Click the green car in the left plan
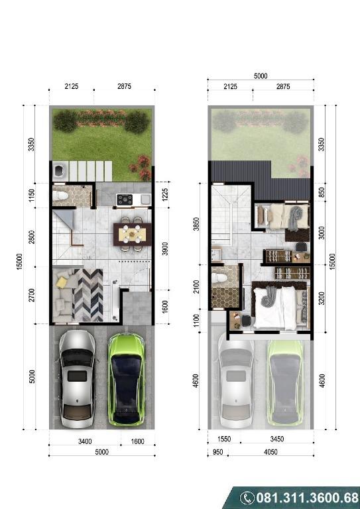click(126, 379)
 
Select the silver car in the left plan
click(78, 379)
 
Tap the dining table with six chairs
click(132, 234)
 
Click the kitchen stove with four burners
click(125, 199)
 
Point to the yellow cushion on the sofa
click(62, 282)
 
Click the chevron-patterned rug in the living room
click(88, 295)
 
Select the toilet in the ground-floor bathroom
click(60, 196)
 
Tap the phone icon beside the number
click(247, 498)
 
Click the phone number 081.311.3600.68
click(308, 498)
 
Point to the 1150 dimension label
click(31, 196)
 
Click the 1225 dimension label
click(166, 194)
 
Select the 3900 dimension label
click(166, 249)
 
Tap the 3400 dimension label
click(85, 441)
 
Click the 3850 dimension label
click(196, 224)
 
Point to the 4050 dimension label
click(270, 452)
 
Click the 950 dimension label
click(217, 452)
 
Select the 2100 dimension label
click(196, 286)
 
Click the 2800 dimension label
click(31, 237)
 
